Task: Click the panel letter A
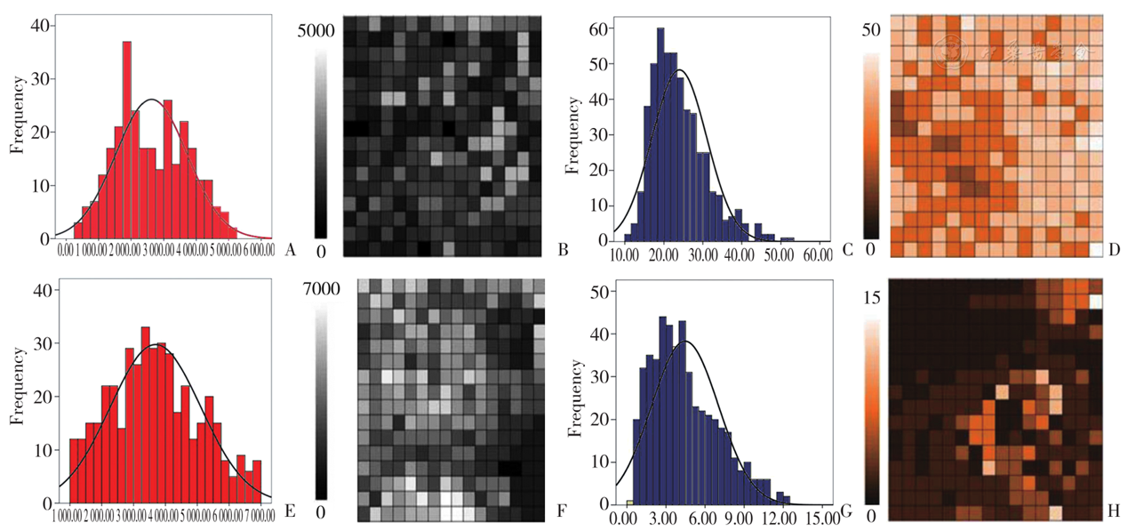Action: [290, 252]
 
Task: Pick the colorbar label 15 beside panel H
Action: [871, 299]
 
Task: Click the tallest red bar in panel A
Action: [127, 133]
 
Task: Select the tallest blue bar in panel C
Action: [660, 133]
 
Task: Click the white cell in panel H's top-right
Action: [1095, 302]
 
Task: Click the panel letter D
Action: [1113, 252]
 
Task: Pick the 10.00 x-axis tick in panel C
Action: [625, 255]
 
